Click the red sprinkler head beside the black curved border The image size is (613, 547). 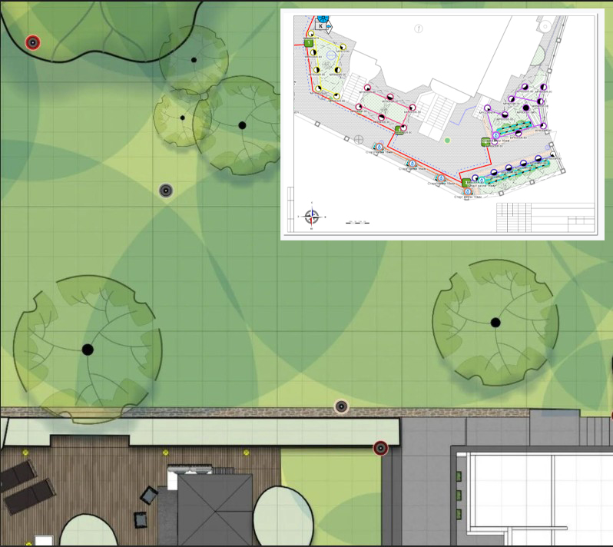pos(32,42)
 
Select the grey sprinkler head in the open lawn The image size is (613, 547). pos(166,190)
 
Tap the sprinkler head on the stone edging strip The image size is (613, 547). pos(342,406)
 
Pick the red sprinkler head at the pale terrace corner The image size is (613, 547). pos(380,447)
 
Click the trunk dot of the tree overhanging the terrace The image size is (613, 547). pos(88,350)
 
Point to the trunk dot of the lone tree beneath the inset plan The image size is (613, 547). pos(495,322)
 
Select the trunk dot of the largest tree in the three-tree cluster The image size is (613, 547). pos(242,124)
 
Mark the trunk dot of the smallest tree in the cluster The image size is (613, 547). pos(182,118)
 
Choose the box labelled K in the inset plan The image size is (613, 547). pos(320,26)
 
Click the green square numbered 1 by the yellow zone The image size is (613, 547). pos(309,44)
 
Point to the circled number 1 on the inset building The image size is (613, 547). pos(419,28)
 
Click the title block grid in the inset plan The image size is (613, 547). pos(546,217)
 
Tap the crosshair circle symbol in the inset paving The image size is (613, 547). pos(359,138)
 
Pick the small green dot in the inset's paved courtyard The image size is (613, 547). pos(447,140)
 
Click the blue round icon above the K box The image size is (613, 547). pos(323,17)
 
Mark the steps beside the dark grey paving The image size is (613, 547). pos(595,426)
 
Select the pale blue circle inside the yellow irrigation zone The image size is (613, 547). pos(331,56)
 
